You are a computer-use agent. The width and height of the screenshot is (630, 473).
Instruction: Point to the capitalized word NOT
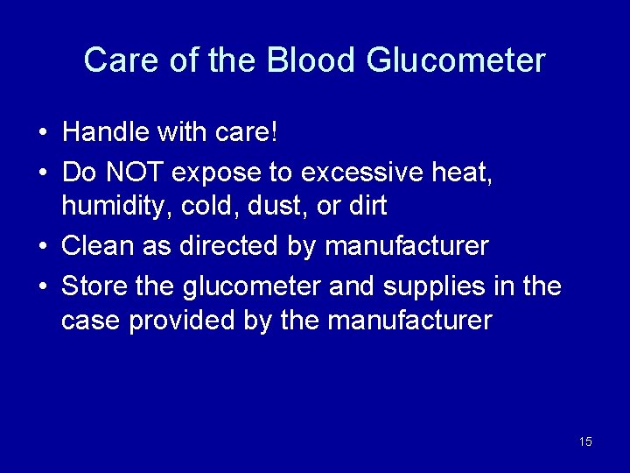[x=135, y=173]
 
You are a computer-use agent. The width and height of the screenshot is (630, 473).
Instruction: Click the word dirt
[x=368, y=207]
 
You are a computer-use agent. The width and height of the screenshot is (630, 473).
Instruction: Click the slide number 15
[x=585, y=441]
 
